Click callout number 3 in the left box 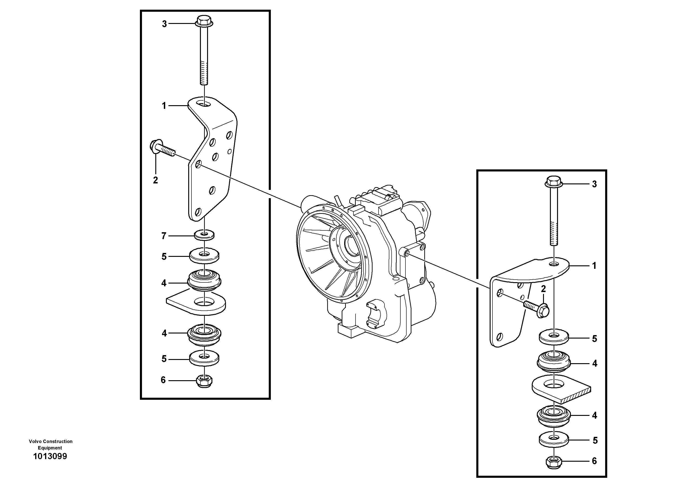coord(164,24)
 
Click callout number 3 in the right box coord(594,184)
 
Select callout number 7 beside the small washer coord(164,236)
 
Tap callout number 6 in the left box coord(163,380)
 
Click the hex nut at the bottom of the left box coord(204,381)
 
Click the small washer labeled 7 coord(204,235)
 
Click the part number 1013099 coord(50,456)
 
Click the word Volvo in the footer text coord(35,441)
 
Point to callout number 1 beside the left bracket coord(164,106)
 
